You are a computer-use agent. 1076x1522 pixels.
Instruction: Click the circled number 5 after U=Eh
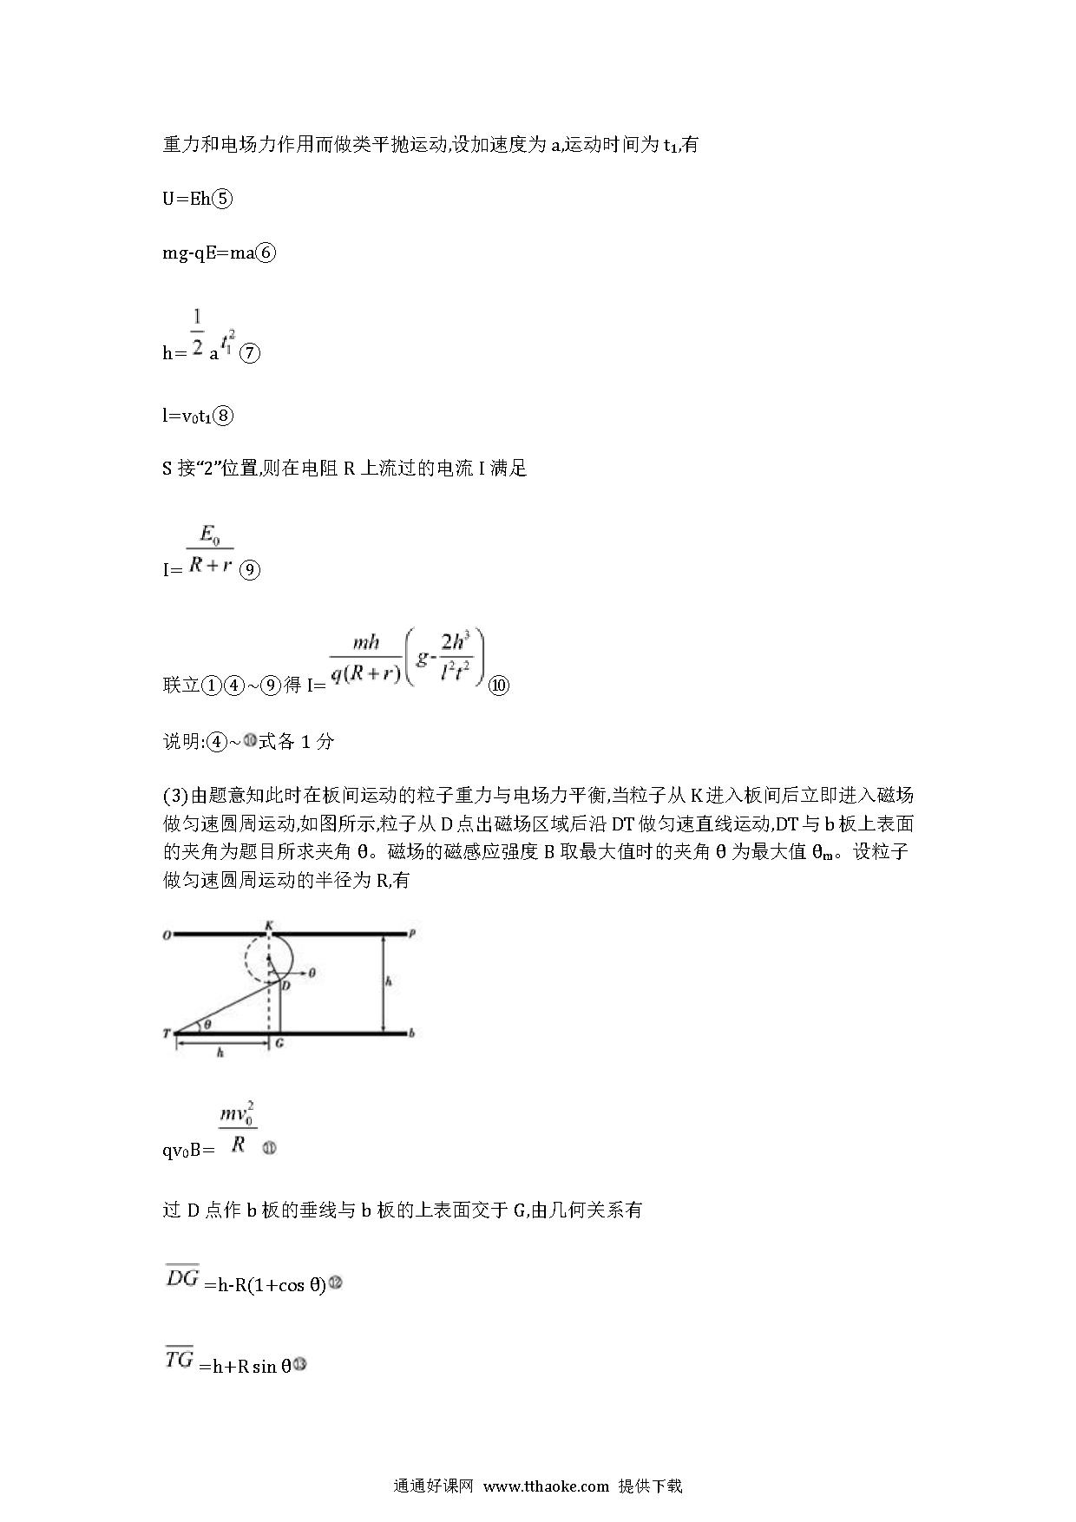(222, 199)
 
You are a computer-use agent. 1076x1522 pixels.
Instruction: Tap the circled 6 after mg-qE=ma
(266, 253)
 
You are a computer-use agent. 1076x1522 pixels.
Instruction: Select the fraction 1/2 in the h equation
(197, 332)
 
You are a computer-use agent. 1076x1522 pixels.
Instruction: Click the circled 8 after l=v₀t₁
(223, 416)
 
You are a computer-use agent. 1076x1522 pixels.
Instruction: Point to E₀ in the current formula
(210, 532)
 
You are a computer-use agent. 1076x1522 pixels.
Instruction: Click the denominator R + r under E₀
(210, 565)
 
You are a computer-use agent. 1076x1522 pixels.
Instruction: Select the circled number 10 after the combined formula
(499, 685)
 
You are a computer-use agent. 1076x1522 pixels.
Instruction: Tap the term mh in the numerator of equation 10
(366, 642)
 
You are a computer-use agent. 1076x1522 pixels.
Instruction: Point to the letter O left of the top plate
(166, 935)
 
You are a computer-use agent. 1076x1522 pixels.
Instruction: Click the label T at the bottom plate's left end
(166, 1033)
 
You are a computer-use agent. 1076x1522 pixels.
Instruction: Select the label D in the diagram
(285, 986)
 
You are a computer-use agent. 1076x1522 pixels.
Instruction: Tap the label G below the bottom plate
(279, 1044)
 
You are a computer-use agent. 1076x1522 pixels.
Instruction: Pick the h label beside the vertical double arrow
(390, 981)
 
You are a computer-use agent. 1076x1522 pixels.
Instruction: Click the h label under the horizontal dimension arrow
(220, 1053)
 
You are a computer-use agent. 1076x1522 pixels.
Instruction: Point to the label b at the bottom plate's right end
(411, 1033)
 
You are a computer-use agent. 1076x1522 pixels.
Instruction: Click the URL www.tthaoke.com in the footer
(547, 1486)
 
